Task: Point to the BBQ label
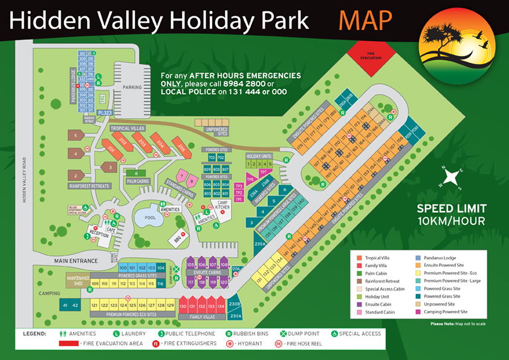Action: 178,238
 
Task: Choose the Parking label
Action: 131,87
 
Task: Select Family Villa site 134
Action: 221,307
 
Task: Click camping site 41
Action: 65,306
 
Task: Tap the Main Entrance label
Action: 76,261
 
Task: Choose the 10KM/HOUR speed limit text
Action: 451,221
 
